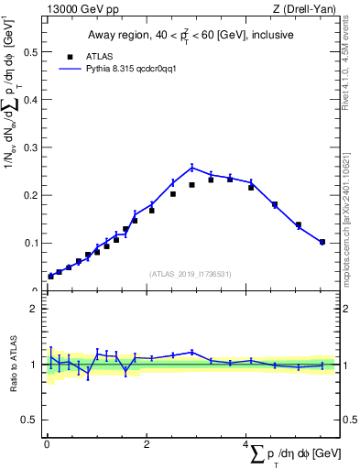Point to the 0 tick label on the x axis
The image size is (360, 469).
click(46, 444)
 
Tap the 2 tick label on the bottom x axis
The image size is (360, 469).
click(146, 444)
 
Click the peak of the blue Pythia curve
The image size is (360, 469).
click(191, 167)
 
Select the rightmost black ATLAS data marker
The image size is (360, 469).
click(322, 242)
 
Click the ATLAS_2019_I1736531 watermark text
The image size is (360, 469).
click(191, 274)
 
